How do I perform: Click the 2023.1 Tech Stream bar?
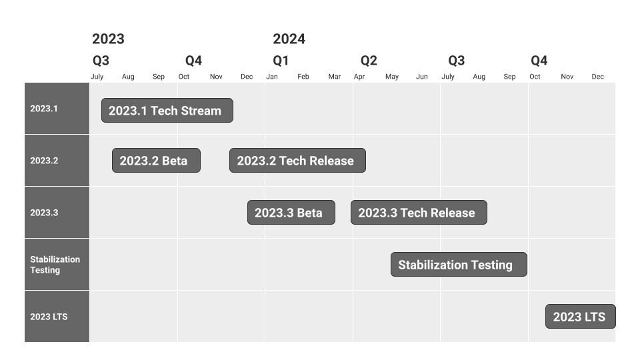click(x=167, y=110)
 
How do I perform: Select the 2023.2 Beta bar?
click(x=156, y=161)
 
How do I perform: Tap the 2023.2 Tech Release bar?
click(x=297, y=161)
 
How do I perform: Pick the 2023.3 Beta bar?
click(x=291, y=212)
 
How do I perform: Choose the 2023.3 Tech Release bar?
click(x=419, y=212)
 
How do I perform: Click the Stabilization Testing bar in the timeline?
click(x=459, y=265)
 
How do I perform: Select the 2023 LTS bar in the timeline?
click(x=581, y=316)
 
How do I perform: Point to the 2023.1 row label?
click(x=44, y=109)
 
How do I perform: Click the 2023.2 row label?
click(x=44, y=161)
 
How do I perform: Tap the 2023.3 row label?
click(x=44, y=213)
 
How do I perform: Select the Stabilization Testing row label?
click(x=55, y=265)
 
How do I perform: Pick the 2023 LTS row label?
click(x=49, y=317)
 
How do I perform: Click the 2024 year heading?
click(x=289, y=39)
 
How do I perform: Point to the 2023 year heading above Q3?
click(x=108, y=39)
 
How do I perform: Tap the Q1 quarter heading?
click(x=281, y=61)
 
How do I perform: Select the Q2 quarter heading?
click(x=369, y=61)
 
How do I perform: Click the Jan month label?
click(x=272, y=76)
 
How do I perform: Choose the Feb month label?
click(x=303, y=76)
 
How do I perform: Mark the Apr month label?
click(x=359, y=77)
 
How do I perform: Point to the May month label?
click(x=392, y=77)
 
